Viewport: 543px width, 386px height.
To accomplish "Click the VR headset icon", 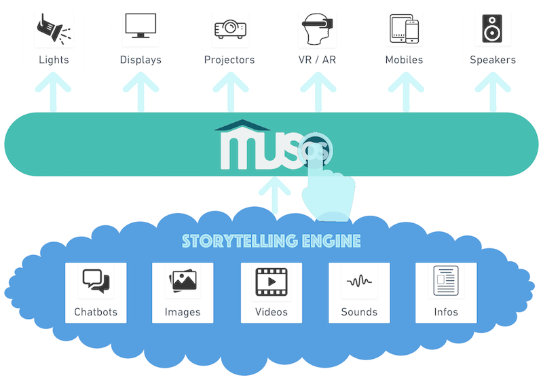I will (x=316, y=29).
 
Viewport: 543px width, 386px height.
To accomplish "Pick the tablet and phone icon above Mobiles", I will (x=404, y=29).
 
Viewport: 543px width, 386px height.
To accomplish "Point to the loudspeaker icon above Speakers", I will (x=492, y=29).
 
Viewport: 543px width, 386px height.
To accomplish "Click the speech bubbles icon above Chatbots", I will (x=96, y=281).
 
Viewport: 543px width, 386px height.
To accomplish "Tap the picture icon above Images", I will (x=183, y=281).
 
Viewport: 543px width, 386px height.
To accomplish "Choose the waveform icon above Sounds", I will (x=359, y=281).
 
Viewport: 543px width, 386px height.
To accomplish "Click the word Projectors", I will (x=229, y=60).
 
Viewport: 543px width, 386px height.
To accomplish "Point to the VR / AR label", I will (x=316, y=60).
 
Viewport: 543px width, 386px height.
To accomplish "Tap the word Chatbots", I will (x=96, y=312).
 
